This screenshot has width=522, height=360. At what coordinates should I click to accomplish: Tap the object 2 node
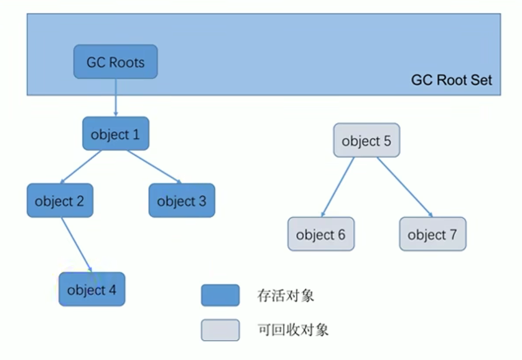coord(60,201)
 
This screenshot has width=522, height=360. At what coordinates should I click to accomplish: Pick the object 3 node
coord(182,201)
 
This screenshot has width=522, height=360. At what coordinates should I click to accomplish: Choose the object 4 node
coord(92,290)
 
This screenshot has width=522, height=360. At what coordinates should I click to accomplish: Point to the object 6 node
coord(321,235)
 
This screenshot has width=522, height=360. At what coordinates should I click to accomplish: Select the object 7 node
coord(432,235)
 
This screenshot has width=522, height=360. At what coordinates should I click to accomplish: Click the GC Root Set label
coord(451,80)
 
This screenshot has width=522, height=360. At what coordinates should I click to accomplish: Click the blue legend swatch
coord(220,295)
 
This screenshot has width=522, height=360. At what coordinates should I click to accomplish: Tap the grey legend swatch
coord(220,330)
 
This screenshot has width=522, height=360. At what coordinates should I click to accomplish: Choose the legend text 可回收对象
coord(292,330)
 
